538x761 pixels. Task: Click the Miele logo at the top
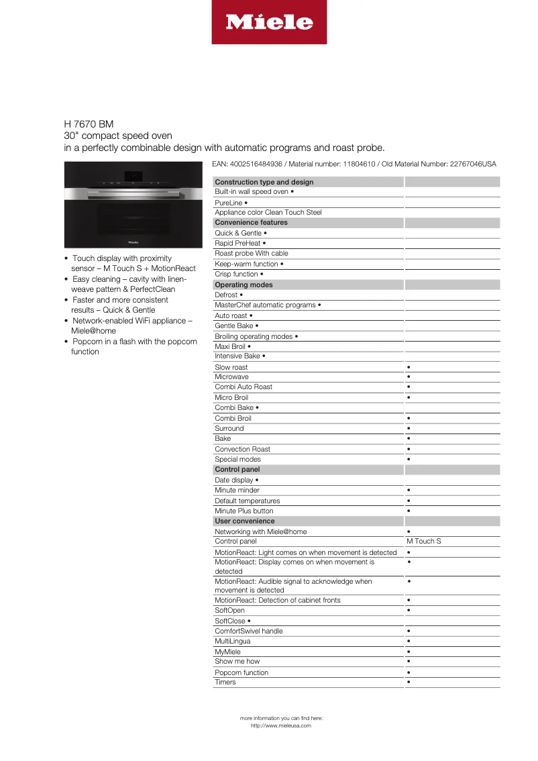click(x=269, y=22)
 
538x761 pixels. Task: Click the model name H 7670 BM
click(x=89, y=124)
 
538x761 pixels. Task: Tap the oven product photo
click(x=133, y=205)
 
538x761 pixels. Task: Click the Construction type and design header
click(x=264, y=182)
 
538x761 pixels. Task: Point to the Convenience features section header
click(x=251, y=222)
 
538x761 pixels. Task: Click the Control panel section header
click(x=237, y=470)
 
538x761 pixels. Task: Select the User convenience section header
click(x=244, y=521)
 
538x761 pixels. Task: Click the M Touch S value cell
click(x=424, y=541)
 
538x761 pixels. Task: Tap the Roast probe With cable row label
click(x=252, y=254)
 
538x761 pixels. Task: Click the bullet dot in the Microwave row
click(x=409, y=377)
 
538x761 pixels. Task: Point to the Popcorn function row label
click(x=241, y=672)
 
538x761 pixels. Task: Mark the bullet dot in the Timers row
click(x=409, y=682)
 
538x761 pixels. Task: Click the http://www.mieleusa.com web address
click(x=281, y=725)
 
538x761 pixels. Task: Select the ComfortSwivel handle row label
click(x=248, y=631)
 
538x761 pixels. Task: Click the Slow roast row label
click(x=231, y=367)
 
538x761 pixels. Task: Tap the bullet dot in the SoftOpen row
click(x=409, y=611)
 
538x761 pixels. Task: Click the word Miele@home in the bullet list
click(x=93, y=331)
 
